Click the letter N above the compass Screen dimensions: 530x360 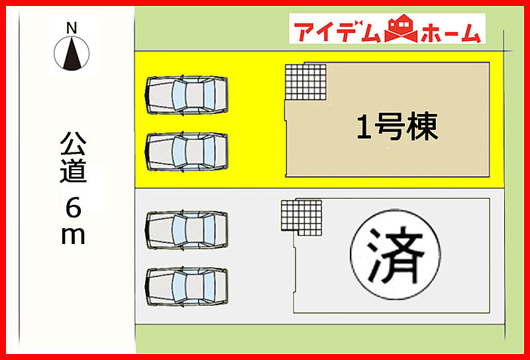coord(72,28)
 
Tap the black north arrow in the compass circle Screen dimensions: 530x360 coord(72,54)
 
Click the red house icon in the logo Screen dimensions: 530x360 coord(401,29)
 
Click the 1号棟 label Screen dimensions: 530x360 coord(397,126)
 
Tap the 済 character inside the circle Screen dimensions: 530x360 coord(395,255)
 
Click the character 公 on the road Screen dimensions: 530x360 coord(73,143)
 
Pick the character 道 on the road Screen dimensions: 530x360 coord(73,171)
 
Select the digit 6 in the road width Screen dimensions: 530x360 coord(74,207)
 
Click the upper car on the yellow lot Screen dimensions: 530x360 coord(186,95)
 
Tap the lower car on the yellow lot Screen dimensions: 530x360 coord(186,152)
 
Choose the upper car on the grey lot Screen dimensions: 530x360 coord(186,230)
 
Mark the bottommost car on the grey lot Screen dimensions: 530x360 coord(186,286)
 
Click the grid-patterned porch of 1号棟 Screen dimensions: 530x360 coord(306,82)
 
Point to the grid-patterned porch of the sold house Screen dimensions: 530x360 coord(301,217)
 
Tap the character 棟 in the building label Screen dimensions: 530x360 coord(423,126)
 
